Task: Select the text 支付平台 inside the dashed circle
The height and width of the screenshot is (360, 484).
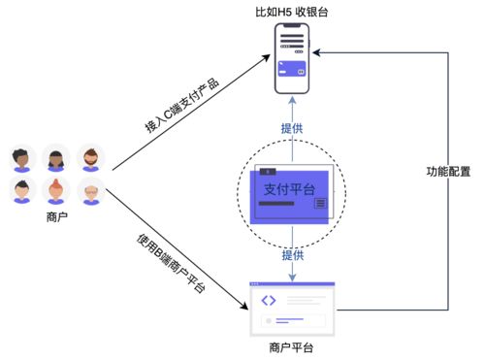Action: pos(289,189)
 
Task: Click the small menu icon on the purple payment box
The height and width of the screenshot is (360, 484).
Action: pos(320,202)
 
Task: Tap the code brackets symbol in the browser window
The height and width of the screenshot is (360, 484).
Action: pos(269,300)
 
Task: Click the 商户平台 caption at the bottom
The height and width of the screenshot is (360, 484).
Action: pos(292,347)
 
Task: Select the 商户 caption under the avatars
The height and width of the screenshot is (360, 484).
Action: pos(57,215)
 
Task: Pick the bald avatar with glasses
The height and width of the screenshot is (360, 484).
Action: pos(90,191)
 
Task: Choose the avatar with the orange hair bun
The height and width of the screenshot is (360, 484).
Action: pos(57,191)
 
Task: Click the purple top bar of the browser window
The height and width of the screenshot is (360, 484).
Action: pos(292,284)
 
